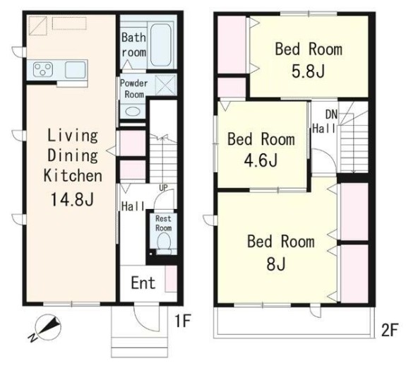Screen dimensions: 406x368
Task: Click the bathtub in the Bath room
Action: [x=161, y=44]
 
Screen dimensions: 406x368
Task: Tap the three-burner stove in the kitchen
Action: [x=43, y=69]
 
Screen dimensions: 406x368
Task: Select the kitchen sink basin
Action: [x=75, y=70]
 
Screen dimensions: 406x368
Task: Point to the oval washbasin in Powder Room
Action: [x=133, y=112]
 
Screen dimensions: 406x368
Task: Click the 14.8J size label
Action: [x=72, y=199]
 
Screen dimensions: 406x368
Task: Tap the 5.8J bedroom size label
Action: [x=308, y=71]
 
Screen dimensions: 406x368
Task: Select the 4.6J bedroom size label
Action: [x=261, y=160]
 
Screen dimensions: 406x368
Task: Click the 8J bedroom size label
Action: [x=276, y=264]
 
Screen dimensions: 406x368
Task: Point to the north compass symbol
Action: [x=47, y=327]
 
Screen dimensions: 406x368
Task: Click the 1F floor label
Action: [x=183, y=321]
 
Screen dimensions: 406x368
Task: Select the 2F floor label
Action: [x=389, y=330]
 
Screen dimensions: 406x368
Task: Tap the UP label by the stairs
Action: [x=163, y=187]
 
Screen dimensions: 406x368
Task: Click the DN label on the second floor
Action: [x=331, y=114]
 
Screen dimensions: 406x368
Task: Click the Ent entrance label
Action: [x=143, y=283]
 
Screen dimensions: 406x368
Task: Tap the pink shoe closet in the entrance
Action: [x=171, y=279]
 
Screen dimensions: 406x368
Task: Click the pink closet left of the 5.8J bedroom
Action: [x=232, y=44]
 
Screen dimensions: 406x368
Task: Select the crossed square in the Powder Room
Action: [x=166, y=85]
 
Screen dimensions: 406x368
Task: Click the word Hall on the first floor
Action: [x=133, y=206]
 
